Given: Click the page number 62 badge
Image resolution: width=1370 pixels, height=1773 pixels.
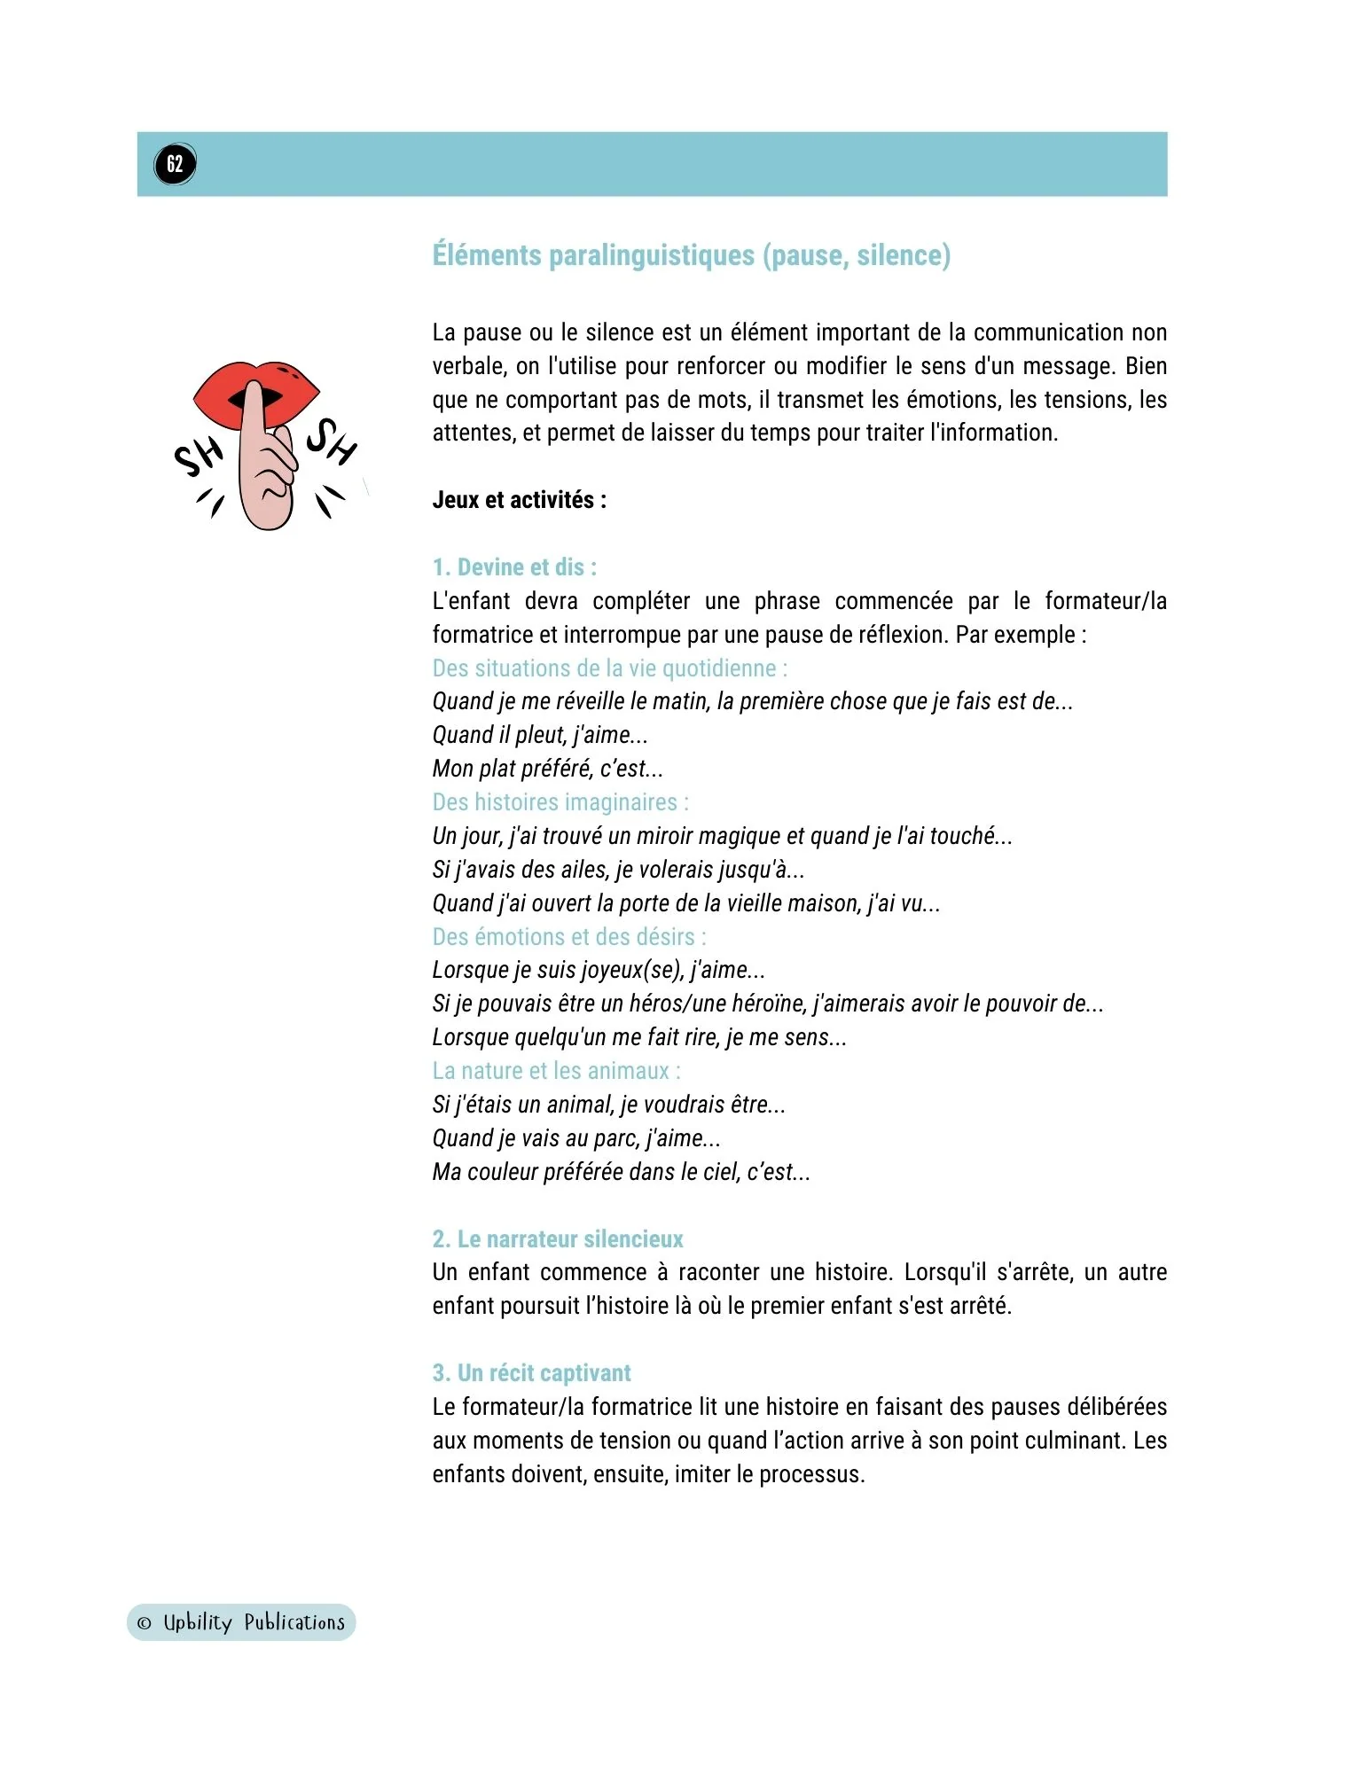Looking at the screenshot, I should [175, 164].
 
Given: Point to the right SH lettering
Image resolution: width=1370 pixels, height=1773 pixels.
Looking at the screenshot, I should [332, 441].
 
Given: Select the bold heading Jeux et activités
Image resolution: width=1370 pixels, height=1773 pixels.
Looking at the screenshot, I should [519, 500].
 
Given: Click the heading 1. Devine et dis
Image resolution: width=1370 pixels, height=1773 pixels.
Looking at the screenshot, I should [514, 567].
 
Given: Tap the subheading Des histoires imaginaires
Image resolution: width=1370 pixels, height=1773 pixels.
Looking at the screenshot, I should [560, 802].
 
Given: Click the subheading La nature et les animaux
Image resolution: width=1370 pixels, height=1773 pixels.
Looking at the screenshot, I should [556, 1071].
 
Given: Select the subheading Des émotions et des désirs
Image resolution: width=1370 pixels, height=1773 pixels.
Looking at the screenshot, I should [568, 937].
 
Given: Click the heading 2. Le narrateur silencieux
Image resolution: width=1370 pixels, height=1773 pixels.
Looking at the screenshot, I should [558, 1239].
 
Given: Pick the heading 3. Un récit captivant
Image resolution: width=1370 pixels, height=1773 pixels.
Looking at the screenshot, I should [531, 1373].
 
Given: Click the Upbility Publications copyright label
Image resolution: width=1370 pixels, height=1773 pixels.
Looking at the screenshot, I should [241, 1622].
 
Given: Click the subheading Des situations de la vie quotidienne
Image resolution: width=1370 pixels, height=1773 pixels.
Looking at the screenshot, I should [609, 668].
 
